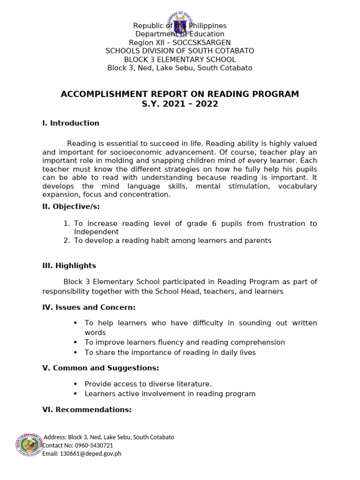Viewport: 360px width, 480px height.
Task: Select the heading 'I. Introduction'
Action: click(x=71, y=123)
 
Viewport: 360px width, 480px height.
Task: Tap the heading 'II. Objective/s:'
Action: click(x=71, y=207)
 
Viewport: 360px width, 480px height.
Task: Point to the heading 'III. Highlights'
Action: click(x=69, y=266)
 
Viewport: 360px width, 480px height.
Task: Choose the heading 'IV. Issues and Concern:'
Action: click(x=89, y=307)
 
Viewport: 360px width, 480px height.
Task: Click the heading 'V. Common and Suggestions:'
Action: click(x=100, y=368)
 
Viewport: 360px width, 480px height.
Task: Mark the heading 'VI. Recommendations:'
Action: click(x=87, y=410)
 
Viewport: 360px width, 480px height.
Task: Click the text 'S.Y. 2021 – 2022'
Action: click(x=180, y=104)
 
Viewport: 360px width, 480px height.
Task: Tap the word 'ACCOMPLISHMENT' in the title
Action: click(x=107, y=94)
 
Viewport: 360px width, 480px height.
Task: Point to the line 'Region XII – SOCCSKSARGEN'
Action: click(x=180, y=43)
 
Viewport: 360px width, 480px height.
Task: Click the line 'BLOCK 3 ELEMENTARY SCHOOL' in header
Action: click(x=180, y=60)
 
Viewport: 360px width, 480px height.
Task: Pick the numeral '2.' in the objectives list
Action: click(x=66, y=240)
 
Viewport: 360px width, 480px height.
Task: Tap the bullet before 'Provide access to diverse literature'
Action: click(x=75, y=384)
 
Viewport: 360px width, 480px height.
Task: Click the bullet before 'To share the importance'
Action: click(x=75, y=352)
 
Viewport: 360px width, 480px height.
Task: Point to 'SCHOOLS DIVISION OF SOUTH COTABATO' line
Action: click(x=180, y=51)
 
